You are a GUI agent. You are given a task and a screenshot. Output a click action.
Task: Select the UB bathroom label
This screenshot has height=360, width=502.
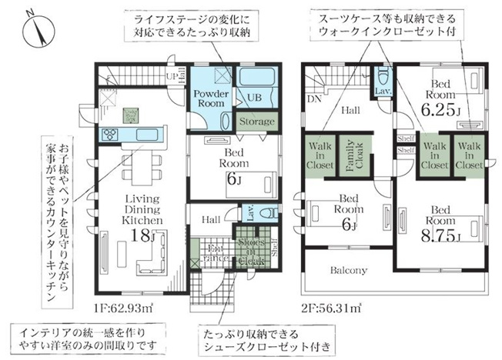pyautogui.click(x=253, y=98)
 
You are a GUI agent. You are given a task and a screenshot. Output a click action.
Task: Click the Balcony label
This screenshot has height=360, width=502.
pyautogui.click(x=349, y=270)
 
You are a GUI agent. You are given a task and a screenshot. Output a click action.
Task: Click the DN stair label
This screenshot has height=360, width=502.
pyautogui.click(x=314, y=98)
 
